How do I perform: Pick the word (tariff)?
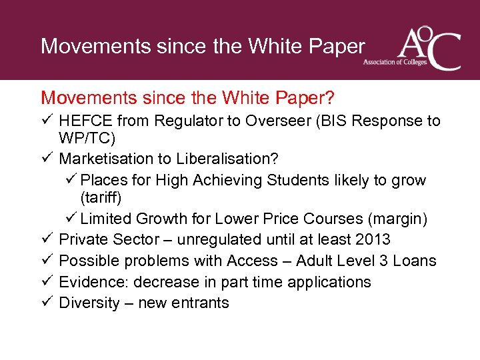click(x=101, y=198)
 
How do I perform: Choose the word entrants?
click(x=199, y=303)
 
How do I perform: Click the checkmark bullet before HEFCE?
click(x=46, y=121)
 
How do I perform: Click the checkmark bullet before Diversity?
click(x=46, y=303)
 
